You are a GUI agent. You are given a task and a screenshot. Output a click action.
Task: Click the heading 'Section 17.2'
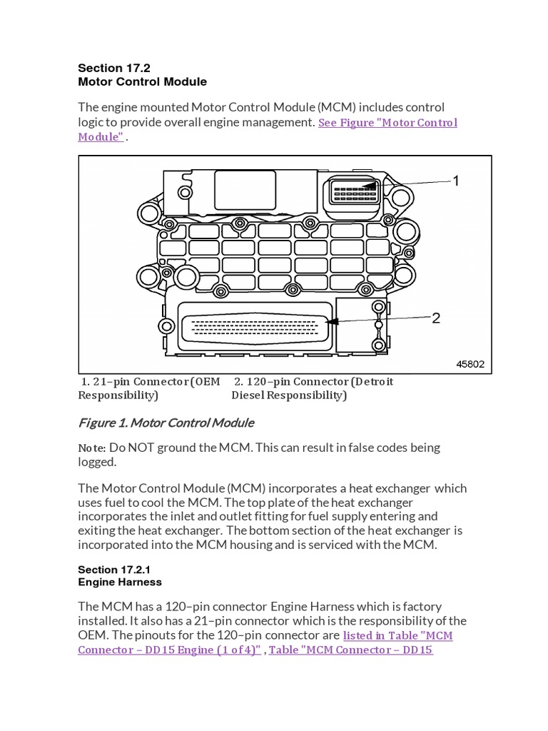coord(111,68)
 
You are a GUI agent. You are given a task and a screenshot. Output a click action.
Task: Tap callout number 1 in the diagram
coord(456,181)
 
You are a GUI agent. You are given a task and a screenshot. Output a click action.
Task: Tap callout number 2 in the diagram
coord(436,318)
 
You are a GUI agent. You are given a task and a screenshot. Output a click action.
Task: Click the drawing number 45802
coord(470,364)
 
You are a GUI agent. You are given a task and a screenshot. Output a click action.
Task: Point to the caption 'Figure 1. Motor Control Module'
coord(166,423)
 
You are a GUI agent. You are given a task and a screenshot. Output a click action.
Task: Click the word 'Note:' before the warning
coord(92,448)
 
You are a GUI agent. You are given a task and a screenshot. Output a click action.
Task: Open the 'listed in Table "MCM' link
coord(397,635)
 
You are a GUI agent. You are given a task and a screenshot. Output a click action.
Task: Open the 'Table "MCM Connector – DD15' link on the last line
coord(350,650)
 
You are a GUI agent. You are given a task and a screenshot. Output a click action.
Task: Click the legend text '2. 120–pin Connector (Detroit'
coord(314,381)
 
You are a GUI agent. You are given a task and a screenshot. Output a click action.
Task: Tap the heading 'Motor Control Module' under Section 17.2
coord(142,82)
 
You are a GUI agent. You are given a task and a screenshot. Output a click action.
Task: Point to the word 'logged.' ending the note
coord(99,462)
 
